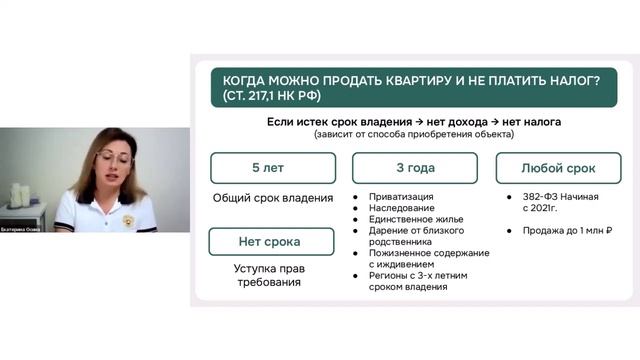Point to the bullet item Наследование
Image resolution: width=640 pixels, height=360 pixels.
coord(402,208)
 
